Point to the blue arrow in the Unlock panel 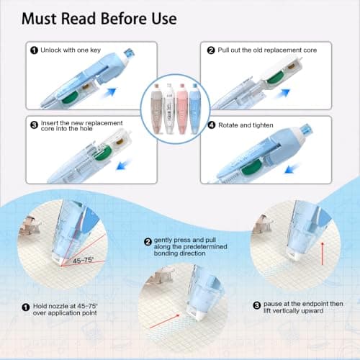(x=107, y=93)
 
